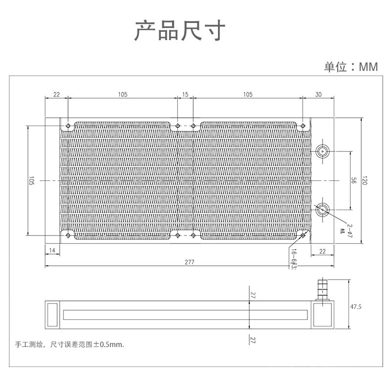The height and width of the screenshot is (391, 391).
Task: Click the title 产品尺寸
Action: pyautogui.click(x=179, y=31)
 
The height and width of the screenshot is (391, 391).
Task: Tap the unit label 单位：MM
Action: pyautogui.click(x=351, y=67)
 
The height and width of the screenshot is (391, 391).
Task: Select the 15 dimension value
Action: pyautogui.click(x=185, y=94)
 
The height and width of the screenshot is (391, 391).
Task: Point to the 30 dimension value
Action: pyautogui.click(x=319, y=94)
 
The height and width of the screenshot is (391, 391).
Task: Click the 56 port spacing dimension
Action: pyautogui.click(x=353, y=180)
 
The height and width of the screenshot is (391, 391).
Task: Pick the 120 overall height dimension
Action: pyautogui.click(x=364, y=180)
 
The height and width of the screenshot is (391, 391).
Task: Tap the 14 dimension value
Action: pyautogui.click(x=53, y=251)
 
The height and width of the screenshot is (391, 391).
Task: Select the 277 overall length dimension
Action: pyautogui.click(x=190, y=262)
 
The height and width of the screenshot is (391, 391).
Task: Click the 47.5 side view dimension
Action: pyautogui.click(x=355, y=307)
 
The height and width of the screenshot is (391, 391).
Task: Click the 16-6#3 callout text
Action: pyautogui.click(x=294, y=259)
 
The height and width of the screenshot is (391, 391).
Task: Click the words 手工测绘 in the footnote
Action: pyautogui.click(x=29, y=344)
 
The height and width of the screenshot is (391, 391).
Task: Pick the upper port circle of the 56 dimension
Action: pyautogui.click(x=323, y=151)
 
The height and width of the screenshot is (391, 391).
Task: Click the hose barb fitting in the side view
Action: pyautogui.click(x=323, y=290)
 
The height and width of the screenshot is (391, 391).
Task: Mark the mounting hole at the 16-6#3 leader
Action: pyautogui.click(x=303, y=235)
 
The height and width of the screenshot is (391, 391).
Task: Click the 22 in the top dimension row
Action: pyautogui.click(x=57, y=94)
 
